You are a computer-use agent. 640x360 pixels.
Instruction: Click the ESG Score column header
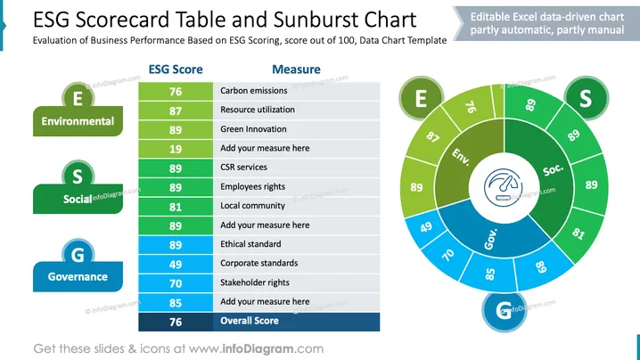(176, 70)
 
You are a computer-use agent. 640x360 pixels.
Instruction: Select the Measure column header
(296, 70)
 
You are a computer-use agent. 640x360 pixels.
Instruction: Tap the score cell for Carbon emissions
(176, 92)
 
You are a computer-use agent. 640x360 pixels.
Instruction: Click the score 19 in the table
(176, 149)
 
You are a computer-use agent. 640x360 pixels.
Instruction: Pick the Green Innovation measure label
(253, 129)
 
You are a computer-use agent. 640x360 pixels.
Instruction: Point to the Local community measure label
(252, 206)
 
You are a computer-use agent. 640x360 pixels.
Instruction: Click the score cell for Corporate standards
(176, 264)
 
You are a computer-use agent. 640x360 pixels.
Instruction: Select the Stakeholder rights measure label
(255, 282)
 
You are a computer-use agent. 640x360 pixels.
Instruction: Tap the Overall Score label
(250, 321)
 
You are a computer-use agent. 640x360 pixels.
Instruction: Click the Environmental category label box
(78, 121)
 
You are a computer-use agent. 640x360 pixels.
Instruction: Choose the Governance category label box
(78, 277)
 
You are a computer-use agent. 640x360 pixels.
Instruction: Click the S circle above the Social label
(78, 176)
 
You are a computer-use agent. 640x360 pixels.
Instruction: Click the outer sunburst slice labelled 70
(447, 257)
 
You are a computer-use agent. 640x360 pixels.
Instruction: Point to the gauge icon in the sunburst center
(503, 188)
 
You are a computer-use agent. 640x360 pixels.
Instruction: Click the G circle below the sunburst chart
(504, 310)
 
